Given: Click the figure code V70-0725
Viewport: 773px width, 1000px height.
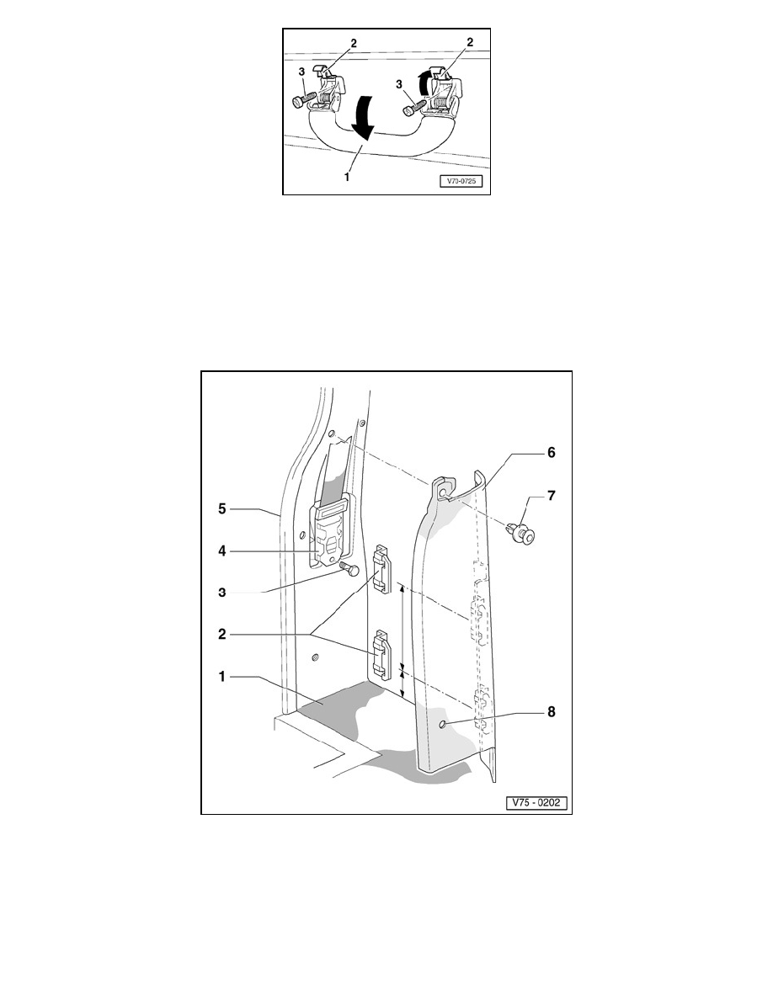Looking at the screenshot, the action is click(x=461, y=181).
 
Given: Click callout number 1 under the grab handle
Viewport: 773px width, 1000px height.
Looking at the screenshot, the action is click(x=347, y=178).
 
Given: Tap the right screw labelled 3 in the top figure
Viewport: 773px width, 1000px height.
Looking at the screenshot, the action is click(x=413, y=107).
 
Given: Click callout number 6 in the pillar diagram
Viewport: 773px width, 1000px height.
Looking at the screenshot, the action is click(x=551, y=452).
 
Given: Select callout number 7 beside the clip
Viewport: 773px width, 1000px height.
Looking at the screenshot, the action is click(x=551, y=496).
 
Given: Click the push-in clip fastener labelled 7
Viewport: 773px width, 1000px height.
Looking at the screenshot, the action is click(x=522, y=530).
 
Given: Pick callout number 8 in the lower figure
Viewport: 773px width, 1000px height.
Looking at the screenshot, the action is click(x=551, y=712).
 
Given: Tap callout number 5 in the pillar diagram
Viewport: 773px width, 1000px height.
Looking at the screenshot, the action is click(x=222, y=508).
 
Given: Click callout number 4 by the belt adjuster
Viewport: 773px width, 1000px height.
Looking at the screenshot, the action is click(x=222, y=551).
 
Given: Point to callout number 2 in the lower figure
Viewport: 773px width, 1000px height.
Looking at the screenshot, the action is click(x=222, y=635).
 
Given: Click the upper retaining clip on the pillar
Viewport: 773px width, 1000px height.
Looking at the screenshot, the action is click(x=382, y=569).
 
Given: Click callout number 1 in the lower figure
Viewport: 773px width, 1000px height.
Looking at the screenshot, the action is click(x=222, y=677).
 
